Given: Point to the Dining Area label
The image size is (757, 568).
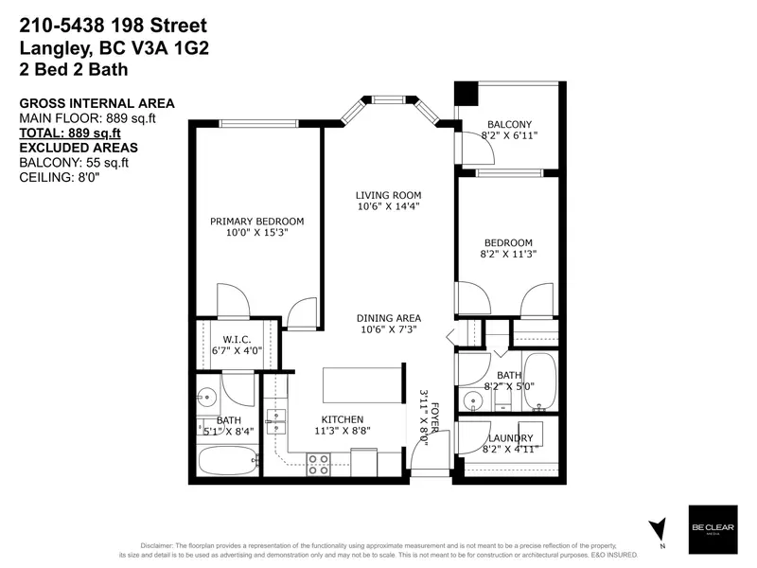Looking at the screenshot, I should pos(388,318).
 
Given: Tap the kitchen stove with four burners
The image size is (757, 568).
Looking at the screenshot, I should pos(319,464).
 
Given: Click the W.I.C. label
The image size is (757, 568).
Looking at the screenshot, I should pos(236,339).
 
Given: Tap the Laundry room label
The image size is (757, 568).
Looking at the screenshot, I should pos(511,438).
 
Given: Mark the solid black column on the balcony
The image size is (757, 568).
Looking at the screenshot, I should pos(465,95).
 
